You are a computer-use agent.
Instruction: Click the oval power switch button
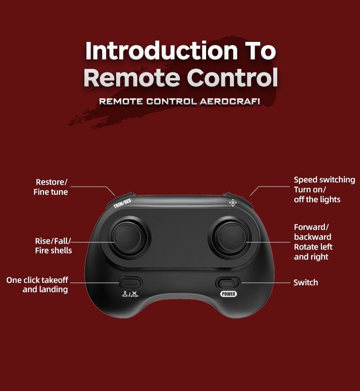point(227,283)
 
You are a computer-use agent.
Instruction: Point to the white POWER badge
point(229,294)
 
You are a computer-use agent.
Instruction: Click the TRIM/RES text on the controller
point(122,203)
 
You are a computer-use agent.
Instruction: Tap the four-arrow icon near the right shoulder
point(233,203)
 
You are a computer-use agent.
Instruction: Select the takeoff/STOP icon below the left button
point(130,294)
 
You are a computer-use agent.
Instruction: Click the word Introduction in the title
point(162,51)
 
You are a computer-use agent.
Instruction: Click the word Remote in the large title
point(132,77)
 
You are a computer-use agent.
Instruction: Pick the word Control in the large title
point(232,77)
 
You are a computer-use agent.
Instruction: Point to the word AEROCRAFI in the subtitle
point(230,101)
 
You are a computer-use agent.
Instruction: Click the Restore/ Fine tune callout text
point(50,187)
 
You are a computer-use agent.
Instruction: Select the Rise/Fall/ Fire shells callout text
point(53,246)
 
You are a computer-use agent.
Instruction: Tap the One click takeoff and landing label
point(37,285)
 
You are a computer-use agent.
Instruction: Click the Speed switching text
point(324,180)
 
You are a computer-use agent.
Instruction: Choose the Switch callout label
point(306,282)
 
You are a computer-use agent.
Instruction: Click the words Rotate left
point(313,247)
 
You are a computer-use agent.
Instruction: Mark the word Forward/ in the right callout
point(311,227)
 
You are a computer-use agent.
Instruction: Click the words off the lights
point(317,200)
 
